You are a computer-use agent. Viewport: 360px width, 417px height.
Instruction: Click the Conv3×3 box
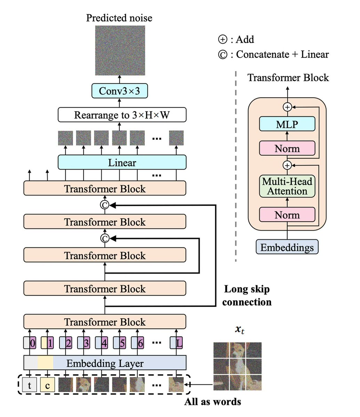pyautogui.click(x=120, y=91)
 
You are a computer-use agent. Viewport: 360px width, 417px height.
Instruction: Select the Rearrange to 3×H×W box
pyautogui.click(x=122, y=115)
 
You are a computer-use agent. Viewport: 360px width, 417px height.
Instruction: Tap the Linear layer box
pyautogui.click(x=122, y=162)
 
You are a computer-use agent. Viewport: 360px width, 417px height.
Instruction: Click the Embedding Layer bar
pyautogui.click(x=105, y=363)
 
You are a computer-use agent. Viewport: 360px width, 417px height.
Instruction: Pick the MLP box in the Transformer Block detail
pyautogui.click(x=287, y=124)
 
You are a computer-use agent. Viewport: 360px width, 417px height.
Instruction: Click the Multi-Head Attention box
pyautogui.click(x=287, y=186)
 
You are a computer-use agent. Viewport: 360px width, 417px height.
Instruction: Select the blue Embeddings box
pyautogui.click(x=287, y=247)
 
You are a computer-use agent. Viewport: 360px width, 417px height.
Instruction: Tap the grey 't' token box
pyautogui.click(x=30, y=385)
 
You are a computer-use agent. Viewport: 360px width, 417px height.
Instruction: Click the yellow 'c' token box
pyautogui.click(x=47, y=385)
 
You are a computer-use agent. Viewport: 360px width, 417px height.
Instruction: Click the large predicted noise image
pyautogui.click(x=120, y=50)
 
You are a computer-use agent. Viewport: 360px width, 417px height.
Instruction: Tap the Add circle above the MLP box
pyautogui.click(x=287, y=107)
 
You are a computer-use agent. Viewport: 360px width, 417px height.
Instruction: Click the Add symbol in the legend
pyautogui.click(x=223, y=39)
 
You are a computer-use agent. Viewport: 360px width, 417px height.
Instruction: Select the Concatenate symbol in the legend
pyautogui.click(x=223, y=55)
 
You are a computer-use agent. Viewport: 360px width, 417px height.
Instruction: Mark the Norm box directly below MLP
pyautogui.click(x=287, y=148)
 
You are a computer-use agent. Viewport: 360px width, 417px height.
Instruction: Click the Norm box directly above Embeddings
pyautogui.click(x=287, y=214)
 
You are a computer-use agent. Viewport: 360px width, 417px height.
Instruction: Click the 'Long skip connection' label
pyautogui.click(x=247, y=295)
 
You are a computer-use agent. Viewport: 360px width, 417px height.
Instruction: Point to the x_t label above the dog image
pyautogui.click(x=240, y=330)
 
